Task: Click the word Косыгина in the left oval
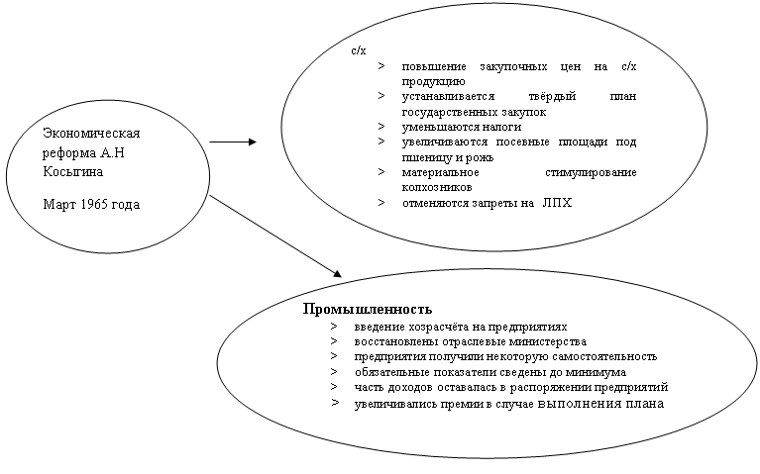[73, 171]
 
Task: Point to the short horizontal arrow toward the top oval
[232, 142]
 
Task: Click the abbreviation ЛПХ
[558, 202]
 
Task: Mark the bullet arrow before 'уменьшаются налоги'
[381, 127]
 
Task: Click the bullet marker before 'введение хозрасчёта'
[336, 326]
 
